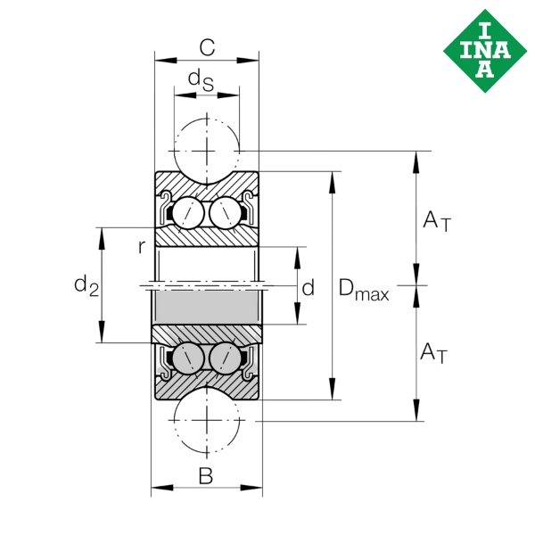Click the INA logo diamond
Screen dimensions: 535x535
point(485,51)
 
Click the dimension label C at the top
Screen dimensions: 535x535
point(207,47)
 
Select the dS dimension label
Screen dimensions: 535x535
point(201,80)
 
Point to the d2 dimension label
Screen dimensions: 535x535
point(86,285)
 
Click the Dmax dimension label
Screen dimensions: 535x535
point(364,289)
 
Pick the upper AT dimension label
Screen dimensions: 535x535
point(437,221)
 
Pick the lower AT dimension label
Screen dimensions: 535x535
point(433,353)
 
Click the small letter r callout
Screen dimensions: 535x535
point(142,247)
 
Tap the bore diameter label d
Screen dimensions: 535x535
point(309,287)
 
